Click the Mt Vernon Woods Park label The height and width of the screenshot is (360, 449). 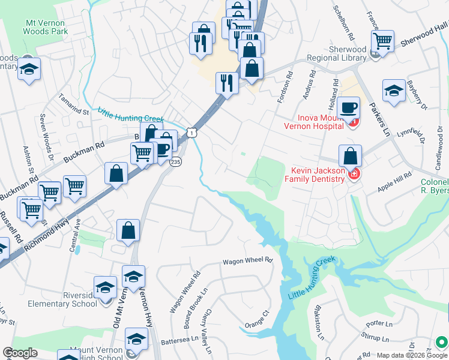[46, 27]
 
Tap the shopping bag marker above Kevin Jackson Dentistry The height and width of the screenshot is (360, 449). [350, 156]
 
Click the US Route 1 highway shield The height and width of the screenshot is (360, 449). [191, 131]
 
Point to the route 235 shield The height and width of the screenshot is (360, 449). [175, 163]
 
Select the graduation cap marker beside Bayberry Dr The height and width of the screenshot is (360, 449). [394, 91]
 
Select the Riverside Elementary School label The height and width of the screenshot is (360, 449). [62, 299]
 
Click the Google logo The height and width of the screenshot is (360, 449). [20, 352]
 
